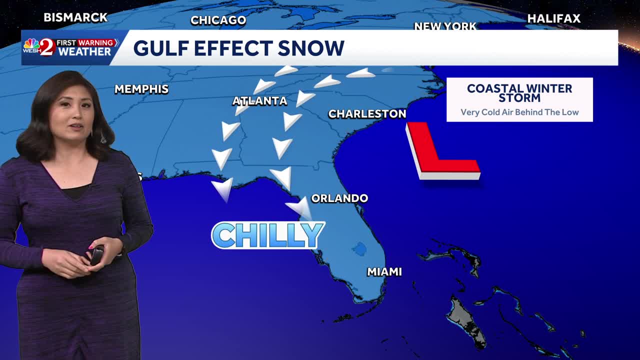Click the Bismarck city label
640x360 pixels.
point(75,17)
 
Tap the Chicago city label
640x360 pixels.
point(218,20)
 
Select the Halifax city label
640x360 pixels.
point(553,19)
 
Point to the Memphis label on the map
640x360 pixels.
point(141,89)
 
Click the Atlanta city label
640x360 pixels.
point(259,101)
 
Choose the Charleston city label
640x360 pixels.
point(367,114)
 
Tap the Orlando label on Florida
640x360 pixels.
point(339,198)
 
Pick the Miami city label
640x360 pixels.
point(384,272)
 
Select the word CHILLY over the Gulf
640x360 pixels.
point(268,235)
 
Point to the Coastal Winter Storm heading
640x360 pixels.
point(519,92)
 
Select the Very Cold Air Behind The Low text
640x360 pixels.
point(519,112)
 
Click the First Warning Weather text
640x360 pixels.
point(84,47)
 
